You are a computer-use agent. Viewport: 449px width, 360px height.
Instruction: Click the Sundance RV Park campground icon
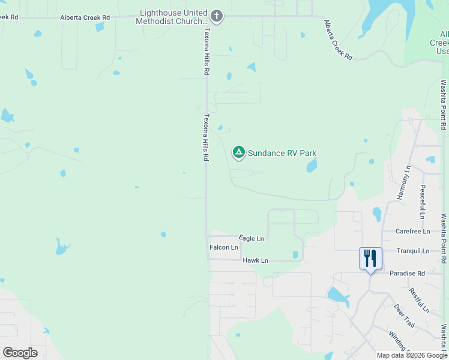point(239,152)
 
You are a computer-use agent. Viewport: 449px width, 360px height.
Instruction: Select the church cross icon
point(217,16)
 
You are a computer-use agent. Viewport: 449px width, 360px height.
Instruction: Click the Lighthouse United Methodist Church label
point(174,17)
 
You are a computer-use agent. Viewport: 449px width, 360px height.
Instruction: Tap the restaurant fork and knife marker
point(370,259)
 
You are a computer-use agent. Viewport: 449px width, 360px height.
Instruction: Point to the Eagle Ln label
point(252,238)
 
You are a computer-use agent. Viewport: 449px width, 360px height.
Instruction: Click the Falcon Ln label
point(224,247)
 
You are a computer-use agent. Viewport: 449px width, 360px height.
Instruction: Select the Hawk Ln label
point(256,260)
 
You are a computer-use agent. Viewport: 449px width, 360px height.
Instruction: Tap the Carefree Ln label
point(413,231)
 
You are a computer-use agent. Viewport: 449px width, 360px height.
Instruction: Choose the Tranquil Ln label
point(413,251)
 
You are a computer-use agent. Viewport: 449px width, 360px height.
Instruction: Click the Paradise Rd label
point(407,273)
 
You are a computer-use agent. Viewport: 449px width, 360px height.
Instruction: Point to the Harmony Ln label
point(403,183)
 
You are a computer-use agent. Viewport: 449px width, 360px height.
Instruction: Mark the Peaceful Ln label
point(423,202)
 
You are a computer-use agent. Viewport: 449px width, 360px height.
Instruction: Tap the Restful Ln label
point(420,300)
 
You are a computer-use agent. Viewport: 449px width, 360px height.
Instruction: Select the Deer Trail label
point(404,316)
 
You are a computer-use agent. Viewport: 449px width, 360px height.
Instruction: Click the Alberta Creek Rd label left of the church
point(85,18)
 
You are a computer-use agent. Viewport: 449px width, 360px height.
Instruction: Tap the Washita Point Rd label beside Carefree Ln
point(444,239)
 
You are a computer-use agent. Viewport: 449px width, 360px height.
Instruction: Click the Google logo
point(20,353)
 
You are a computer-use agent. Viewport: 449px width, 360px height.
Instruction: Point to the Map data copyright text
point(412,355)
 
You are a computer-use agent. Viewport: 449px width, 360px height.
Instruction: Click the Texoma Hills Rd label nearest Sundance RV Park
point(206,137)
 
